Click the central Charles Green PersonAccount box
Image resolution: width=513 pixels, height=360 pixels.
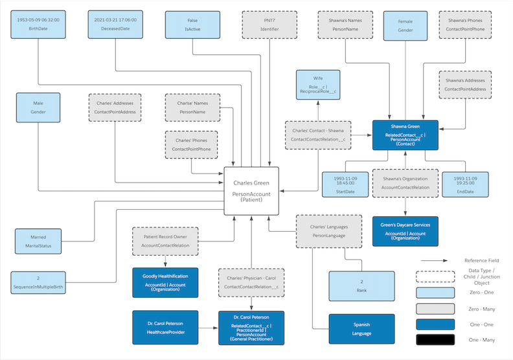(251, 191)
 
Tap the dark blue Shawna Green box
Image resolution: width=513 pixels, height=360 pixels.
(405, 135)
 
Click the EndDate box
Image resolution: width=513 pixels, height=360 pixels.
(465, 185)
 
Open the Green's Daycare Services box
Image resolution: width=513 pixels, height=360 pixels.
(405, 231)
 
